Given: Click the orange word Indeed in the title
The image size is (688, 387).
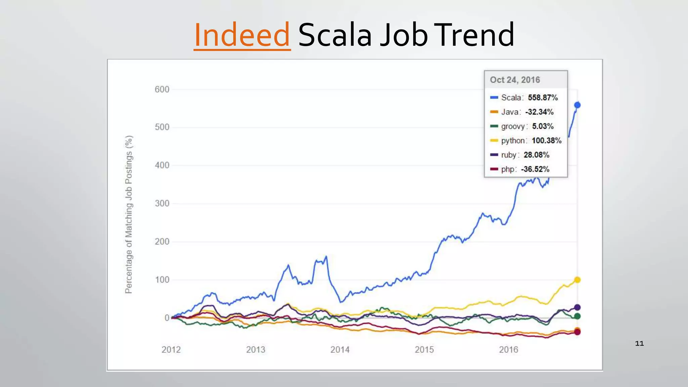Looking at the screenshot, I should [242, 35].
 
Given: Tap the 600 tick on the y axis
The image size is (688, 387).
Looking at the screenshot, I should [162, 89].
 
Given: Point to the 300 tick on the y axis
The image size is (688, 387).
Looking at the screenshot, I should [162, 203].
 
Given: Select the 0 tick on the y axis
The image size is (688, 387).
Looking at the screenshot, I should [167, 317].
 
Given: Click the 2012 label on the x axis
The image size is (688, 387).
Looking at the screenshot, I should [171, 350].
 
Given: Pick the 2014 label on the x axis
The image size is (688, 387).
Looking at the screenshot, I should [340, 350].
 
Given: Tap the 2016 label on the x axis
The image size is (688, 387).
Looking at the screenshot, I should [508, 350].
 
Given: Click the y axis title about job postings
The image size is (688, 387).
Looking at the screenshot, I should [129, 214].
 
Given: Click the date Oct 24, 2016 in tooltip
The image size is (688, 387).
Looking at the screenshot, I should [515, 80].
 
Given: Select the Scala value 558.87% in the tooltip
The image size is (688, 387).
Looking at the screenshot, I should [543, 97].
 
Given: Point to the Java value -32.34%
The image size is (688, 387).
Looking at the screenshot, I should [539, 112].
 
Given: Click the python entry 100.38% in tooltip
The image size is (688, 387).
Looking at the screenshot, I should [546, 140].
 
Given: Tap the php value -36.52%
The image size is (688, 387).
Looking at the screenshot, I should [535, 169].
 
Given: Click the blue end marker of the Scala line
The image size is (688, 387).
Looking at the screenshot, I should [577, 105].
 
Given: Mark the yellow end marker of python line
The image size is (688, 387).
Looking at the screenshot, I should [577, 279].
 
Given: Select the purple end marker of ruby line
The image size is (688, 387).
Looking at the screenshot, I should [577, 307].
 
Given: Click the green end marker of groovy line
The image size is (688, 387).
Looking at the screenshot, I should [577, 316].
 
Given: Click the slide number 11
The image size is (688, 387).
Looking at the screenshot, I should [639, 343].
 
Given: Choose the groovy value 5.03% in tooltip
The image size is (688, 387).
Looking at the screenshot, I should [543, 126].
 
